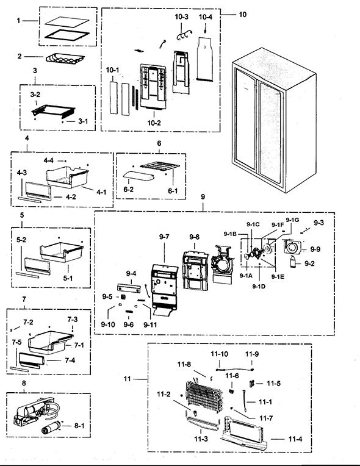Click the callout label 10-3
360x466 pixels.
click(181, 16)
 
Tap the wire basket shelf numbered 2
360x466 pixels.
click(65, 59)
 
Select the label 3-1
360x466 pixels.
click(83, 121)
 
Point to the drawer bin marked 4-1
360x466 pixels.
click(68, 177)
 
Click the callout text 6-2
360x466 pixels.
click(128, 189)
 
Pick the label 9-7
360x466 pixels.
click(164, 237)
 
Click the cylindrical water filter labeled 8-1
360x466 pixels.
click(51, 428)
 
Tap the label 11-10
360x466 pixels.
click(220, 354)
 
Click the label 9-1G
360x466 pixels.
click(292, 220)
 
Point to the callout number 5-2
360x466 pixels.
click(21, 240)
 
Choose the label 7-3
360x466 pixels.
click(72, 320)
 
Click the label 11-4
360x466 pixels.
click(295, 439)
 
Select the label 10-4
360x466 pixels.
click(206, 16)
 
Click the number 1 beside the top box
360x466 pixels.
click(18, 21)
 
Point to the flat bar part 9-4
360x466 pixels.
click(129, 288)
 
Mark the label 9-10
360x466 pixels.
click(107, 324)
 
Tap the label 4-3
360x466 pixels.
click(21, 173)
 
